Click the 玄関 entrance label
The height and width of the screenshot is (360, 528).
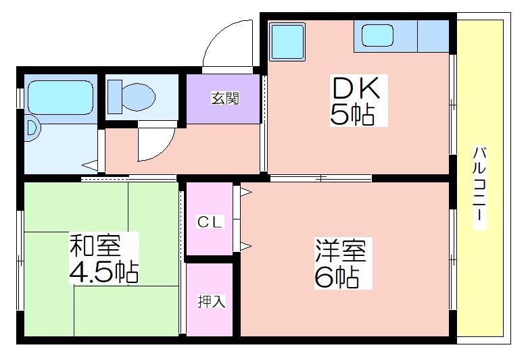[x=225, y=98]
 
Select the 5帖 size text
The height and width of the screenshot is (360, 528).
[x=352, y=115]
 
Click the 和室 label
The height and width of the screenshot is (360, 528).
[x=95, y=245]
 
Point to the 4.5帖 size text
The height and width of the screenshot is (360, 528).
[x=103, y=272]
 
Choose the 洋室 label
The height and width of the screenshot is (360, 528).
[x=341, y=251]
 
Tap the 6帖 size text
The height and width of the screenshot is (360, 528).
[x=336, y=277]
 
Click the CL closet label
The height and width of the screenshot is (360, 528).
[x=210, y=222]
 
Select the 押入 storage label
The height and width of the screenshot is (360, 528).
[x=211, y=301]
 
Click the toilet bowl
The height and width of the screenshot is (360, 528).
[x=139, y=97]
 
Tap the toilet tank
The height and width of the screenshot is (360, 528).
[x=114, y=97]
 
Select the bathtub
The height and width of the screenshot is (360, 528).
[x=61, y=97]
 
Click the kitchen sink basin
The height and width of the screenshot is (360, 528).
[x=377, y=36]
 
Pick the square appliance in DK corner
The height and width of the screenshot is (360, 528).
[x=287, y=41]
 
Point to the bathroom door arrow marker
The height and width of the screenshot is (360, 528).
[x=89, y=165]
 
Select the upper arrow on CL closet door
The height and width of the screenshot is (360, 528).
[x=245, y=192]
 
